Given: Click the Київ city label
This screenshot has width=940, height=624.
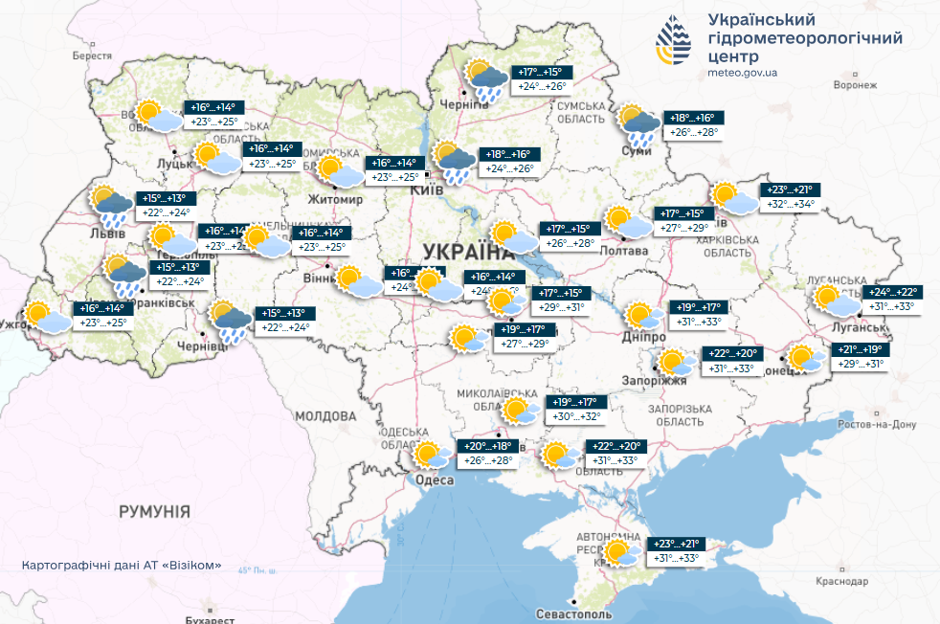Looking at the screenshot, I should (424, 190).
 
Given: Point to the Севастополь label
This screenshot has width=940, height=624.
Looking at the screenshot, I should (573, 613).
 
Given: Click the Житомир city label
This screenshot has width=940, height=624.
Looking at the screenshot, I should (335, 200).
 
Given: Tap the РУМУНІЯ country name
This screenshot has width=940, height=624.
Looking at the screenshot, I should (154, 511).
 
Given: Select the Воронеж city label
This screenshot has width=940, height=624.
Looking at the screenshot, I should (855, 85).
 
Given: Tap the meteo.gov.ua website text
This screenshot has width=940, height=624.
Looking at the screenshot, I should (742, 73).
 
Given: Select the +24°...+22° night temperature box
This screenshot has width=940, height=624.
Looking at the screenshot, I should (890, 292).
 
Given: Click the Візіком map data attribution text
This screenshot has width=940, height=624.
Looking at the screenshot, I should (122, 565).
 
